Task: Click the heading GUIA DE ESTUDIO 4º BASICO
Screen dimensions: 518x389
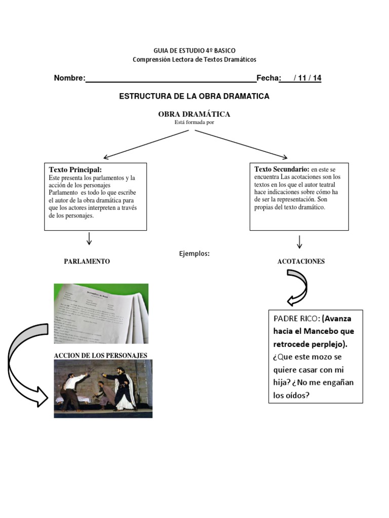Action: [194, 51]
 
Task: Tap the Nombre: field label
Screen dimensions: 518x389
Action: [69, 78]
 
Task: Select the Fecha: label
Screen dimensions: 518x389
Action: [268, 78]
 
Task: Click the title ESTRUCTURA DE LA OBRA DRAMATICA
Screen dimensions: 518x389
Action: [194, 96]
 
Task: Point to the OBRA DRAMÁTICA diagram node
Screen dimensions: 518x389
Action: [194, 114]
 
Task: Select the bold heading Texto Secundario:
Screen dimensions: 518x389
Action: [282, 169]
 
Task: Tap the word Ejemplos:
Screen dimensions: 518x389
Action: [194, 254]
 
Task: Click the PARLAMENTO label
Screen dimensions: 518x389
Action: [87, 262]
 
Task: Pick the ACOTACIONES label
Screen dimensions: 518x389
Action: [301, 262]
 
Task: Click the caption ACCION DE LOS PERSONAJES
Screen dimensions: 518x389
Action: [100, 356]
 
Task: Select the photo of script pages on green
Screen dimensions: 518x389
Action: [101, 314]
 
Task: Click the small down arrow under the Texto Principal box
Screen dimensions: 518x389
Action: [89, 239]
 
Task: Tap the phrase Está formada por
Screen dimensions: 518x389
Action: [194, 122]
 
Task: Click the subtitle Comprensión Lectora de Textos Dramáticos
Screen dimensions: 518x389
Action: [194, 60]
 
